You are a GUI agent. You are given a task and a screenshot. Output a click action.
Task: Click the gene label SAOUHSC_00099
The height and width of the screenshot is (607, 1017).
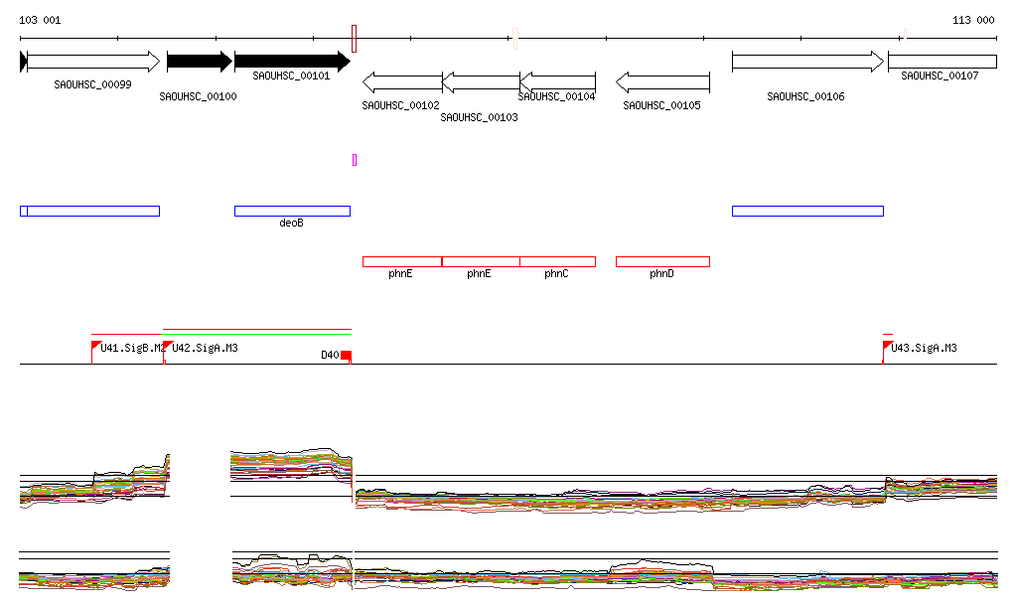(x=92, y=84)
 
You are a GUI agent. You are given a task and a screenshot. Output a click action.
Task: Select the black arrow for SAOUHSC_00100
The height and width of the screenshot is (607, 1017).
(x=199, y=62)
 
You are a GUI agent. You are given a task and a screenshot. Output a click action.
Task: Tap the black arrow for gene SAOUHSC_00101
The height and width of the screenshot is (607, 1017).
(x=291, y=62)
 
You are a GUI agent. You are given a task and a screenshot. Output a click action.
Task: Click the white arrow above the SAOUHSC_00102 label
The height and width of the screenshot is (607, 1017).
(x=401, y=82)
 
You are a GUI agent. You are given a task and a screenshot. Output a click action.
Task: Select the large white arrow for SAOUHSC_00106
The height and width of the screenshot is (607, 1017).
(x=806, y=62)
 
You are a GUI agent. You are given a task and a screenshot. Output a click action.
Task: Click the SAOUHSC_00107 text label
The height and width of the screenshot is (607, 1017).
(x=940, y=76)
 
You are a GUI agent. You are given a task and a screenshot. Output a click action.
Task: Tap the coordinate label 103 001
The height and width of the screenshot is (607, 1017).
(x=41, y=20)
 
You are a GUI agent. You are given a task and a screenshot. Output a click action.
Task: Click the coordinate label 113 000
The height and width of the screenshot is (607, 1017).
(x=973, y=20)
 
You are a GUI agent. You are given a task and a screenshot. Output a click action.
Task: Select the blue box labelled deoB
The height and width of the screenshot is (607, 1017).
(x=292, y=211)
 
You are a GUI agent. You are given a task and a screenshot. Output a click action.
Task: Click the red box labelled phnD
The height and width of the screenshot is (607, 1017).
(x=662, y=261)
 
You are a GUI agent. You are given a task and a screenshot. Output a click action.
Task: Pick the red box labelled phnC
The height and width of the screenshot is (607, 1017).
(x=557, y=261)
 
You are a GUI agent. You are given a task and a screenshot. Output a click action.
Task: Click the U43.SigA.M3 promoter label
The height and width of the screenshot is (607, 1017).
(x=924, y=349)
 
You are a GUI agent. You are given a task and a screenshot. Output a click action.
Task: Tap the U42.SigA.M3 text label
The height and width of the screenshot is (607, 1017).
(x=205, y=349)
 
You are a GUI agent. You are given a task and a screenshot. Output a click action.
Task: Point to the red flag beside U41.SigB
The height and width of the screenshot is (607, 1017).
(x=95, y=346)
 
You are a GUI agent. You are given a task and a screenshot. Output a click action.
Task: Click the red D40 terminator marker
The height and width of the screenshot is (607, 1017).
(x=346, y=356)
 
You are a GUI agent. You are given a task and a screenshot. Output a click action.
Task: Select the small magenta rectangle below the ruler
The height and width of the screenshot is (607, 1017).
(x=355, y=159)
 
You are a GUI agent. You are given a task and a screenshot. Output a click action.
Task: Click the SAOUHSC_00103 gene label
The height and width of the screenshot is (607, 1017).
(x=479, y=117)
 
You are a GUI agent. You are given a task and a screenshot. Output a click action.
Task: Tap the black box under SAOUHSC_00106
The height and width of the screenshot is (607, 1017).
(x=806, y=211)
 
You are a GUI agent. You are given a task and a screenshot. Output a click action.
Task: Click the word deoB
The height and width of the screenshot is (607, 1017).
(x=291, y=224)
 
